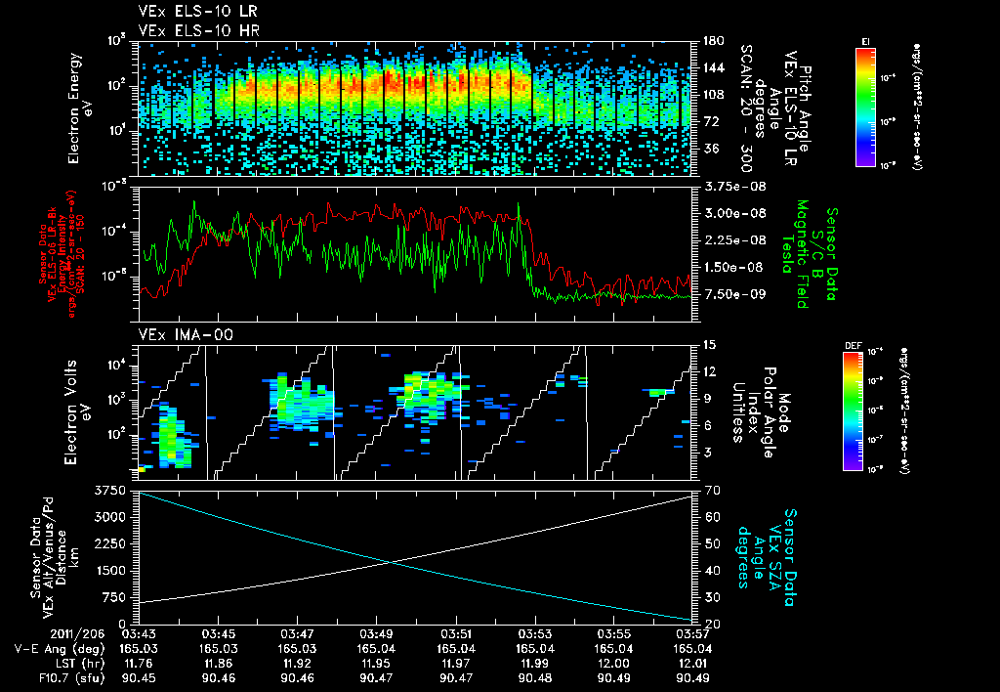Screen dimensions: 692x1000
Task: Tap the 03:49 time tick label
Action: [x=377, y=634]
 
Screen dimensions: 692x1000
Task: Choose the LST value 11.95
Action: [x=377, y=662]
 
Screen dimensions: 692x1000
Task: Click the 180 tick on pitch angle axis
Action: [x=712, y=41]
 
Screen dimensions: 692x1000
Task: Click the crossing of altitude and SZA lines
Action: [x=392, y=561]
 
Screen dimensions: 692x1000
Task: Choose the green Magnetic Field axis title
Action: [x=802, y=254]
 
